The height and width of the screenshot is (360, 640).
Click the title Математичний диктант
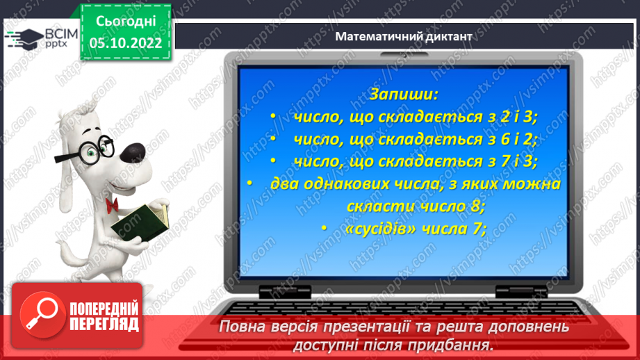(403, 36)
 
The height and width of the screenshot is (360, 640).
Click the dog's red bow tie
(111, 203)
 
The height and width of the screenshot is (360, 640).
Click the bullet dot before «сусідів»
(323, 228)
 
